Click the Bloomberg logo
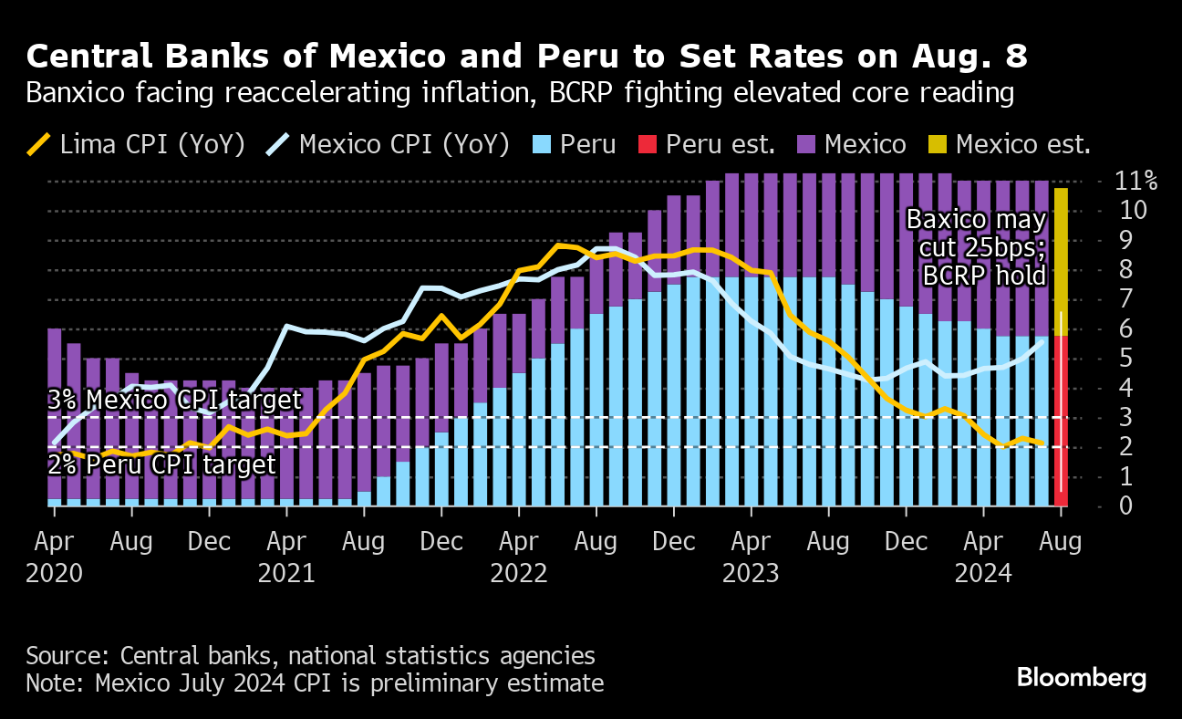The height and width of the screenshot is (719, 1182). coord(1081,678)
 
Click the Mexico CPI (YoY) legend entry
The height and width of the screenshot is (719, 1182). coord(389,144)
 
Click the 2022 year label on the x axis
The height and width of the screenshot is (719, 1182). coord(519,574)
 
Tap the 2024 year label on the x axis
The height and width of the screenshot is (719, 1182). coord(984,574)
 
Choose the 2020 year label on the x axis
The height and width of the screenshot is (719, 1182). coord(56,574)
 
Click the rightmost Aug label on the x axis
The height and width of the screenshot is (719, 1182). coord(1061,542)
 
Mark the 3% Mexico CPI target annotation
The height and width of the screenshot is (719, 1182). coord(174,401)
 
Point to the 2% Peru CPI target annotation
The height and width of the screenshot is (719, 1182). coord(161,465)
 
